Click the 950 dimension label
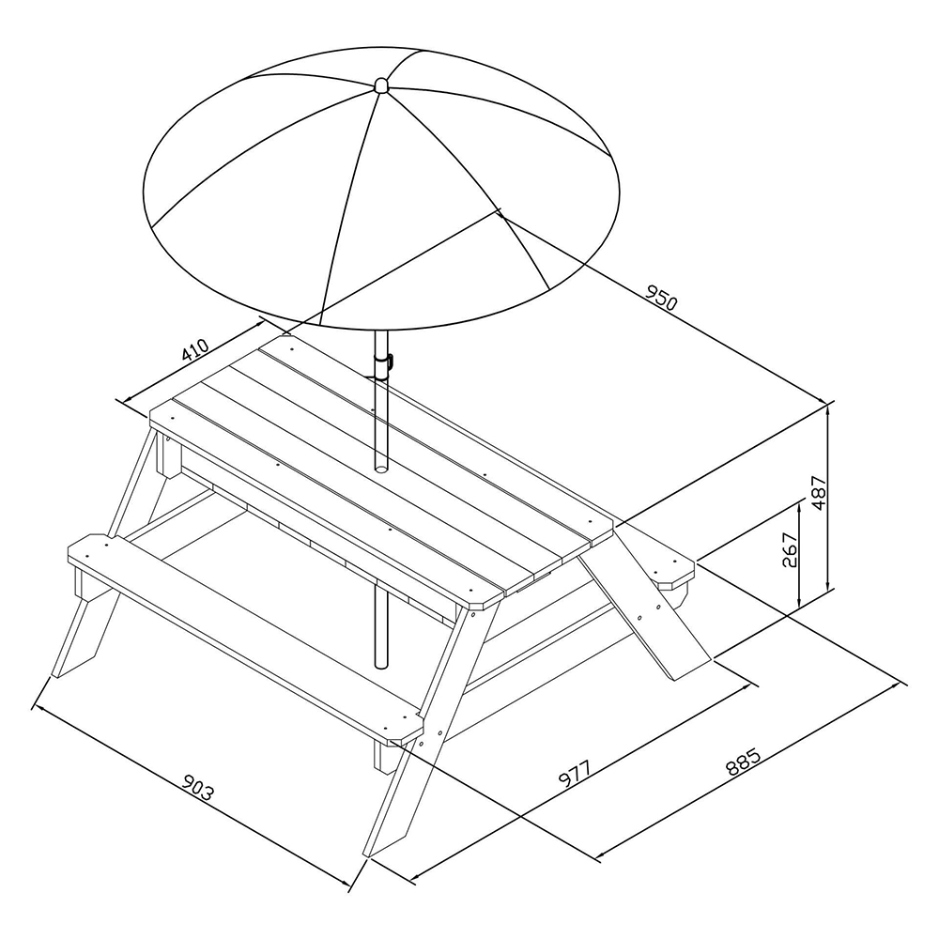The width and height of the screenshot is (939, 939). coord(661,297)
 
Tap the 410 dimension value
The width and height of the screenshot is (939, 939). coord(195,350)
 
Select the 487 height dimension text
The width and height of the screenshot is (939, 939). coord(819,493)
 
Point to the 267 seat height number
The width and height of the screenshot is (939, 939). coord(791,549)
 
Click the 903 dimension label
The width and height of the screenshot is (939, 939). coord(197,788)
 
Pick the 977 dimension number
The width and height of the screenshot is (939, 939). coord(575,773)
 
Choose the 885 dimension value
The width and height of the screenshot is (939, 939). coord(743,762)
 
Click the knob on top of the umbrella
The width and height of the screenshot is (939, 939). coord(381,85)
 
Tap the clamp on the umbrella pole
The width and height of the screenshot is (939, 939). coord(383,362)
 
